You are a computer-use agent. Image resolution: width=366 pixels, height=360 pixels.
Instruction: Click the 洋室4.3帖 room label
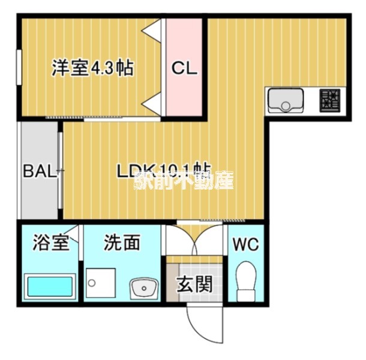pyautogui.click(x=92, y=68)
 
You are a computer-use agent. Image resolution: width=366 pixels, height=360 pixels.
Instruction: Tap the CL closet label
pyautogui.click(x=184, y=68)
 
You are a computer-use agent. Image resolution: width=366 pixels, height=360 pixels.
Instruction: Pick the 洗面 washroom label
pyautogui.click(x=122, y=243)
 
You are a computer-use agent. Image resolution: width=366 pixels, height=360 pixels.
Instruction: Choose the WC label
pyautogui.click(x=246, y=245)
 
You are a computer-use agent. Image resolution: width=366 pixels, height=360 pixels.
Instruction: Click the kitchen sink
pyautogui.click(x=286, y=100)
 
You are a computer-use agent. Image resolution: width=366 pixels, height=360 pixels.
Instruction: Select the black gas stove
pyautogui.click(x=329, y=100)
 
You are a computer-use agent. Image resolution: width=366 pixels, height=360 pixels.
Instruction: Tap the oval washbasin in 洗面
pyautogui.click(x=143, y=289)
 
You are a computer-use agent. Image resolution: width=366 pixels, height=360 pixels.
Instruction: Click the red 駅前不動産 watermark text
pyautogui.click(x=184, y=179)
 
